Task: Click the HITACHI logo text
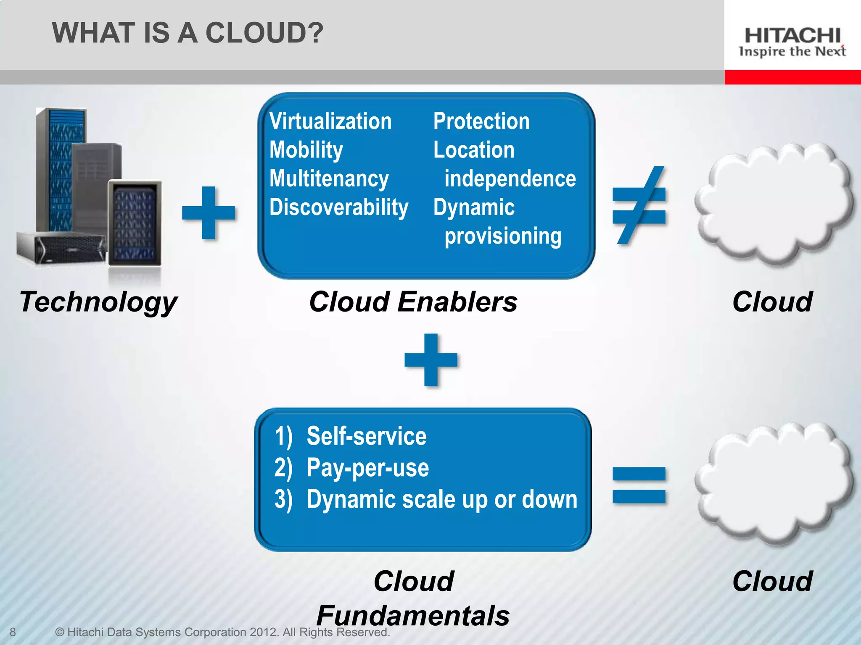tap(792, 36)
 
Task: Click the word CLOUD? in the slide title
tap(264, 33)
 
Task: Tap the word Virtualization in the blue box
tap(330, 121)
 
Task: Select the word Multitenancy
tap(329, 178)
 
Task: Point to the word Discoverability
tap(339, 207)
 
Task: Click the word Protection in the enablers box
tap(481, 121)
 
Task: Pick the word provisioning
tap(503, 236)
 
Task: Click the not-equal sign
tap(639, 205)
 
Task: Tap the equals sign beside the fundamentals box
tap(639, 485)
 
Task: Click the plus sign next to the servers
tap(209, 212)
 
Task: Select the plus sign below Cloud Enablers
tap(431, 360)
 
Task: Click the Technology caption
tap(98, 302)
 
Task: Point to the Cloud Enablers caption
tap(413, 302)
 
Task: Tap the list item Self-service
tap(366, 436)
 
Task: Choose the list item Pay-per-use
tap(368, 468)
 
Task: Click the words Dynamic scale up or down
tap(442, 499)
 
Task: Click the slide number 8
tap(13, 632)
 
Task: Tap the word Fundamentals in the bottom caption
tap(413, 616)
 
